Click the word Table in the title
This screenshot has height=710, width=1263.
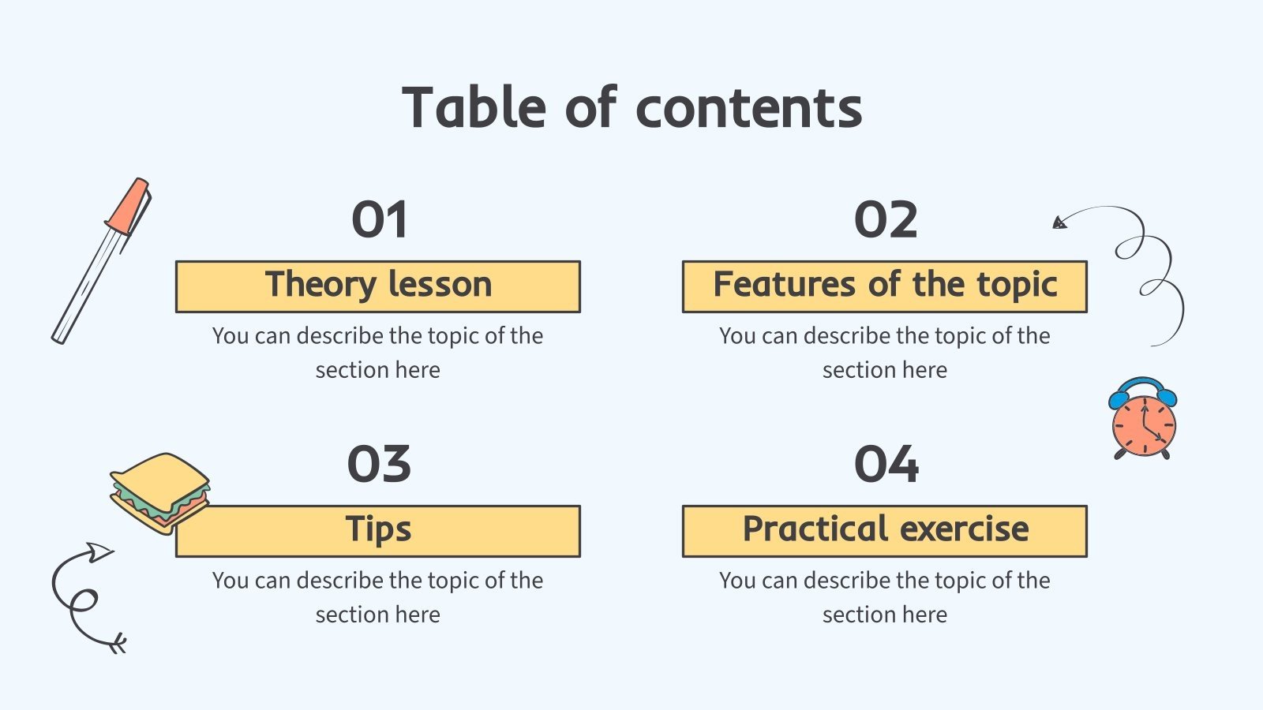point(474,107)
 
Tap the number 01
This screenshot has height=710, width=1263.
point(379,219)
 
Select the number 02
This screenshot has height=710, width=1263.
point(886,219)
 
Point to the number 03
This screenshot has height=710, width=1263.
point(379,464)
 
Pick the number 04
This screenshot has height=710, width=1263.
point(886,464)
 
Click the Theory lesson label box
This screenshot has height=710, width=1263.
point(378,286)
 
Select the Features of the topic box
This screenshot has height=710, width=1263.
point(885,286)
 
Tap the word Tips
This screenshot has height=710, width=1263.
point(378,529)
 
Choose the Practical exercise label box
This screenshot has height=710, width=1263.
point(885,531)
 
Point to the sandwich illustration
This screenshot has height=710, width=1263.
point(160,491)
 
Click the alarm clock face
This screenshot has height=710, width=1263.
point(1144,425)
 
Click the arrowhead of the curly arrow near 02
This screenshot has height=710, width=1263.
point(1059,222)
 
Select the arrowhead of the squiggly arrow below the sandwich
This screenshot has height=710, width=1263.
point(99,551)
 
